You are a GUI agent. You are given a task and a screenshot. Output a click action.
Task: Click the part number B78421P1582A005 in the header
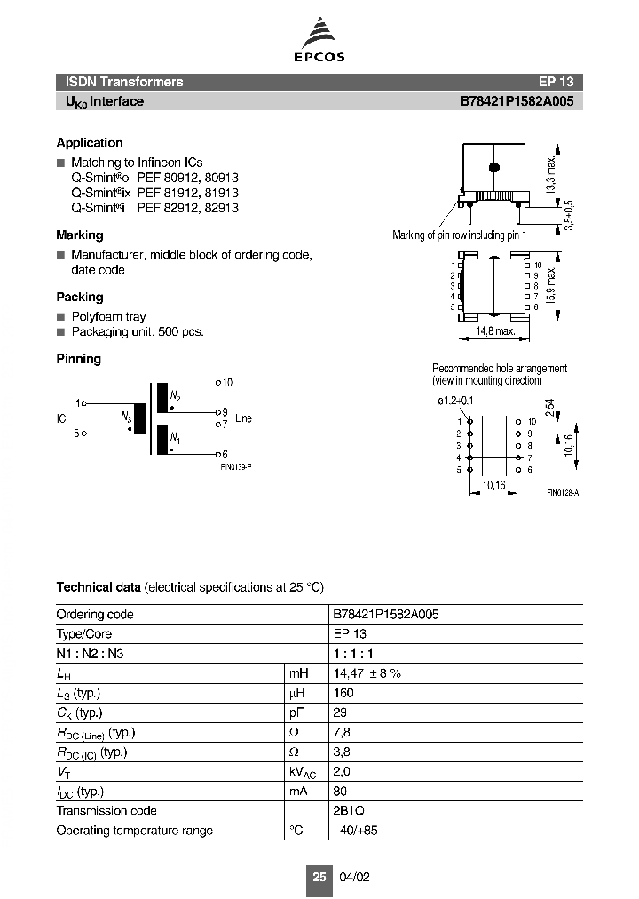517,101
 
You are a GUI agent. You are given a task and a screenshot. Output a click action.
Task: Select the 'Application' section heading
90,143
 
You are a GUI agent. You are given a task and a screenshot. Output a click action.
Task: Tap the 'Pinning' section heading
78,359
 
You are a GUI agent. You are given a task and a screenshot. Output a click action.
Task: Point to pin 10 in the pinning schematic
225,383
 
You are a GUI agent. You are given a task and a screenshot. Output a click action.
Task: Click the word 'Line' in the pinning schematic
243,418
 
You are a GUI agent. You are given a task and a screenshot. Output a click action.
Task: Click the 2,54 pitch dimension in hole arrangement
550,410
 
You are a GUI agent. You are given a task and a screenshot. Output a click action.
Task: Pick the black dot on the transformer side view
495,166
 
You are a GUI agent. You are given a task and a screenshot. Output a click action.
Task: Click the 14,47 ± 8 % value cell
367,673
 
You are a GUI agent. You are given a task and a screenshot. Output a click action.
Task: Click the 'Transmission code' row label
106,810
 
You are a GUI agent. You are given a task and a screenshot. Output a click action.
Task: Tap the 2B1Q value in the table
349,810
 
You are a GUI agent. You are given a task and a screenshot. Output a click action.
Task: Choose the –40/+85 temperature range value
355,831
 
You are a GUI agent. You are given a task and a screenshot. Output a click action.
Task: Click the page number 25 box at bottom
319,876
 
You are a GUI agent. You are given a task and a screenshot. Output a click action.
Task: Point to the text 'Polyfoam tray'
108,316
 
